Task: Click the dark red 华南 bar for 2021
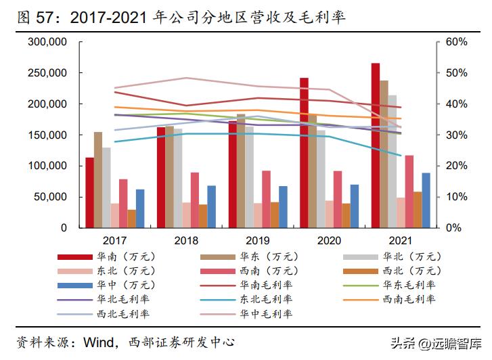376,145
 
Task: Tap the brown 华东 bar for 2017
98,180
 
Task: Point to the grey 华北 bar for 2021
393,162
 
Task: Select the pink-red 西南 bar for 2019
266,199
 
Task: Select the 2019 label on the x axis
257,240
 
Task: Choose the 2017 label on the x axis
115,240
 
